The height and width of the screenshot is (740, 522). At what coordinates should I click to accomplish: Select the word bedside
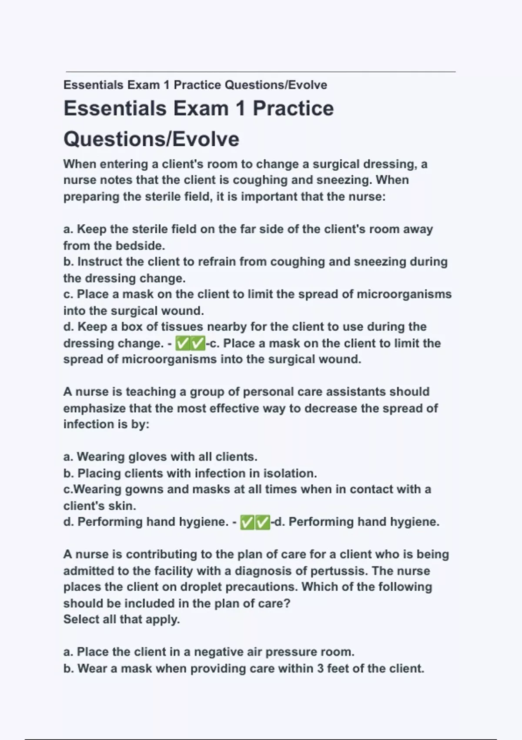coord(140,246)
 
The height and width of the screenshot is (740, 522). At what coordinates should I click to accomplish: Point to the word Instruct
coord(100,262)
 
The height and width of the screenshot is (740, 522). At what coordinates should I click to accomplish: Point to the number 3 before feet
coord(320,668)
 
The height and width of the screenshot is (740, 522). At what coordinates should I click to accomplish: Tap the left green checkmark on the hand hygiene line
coord(247,522)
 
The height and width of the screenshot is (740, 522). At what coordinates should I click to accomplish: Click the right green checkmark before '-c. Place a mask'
coord(198,343)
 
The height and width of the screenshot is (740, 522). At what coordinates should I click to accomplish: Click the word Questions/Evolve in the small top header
coord(276,85)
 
